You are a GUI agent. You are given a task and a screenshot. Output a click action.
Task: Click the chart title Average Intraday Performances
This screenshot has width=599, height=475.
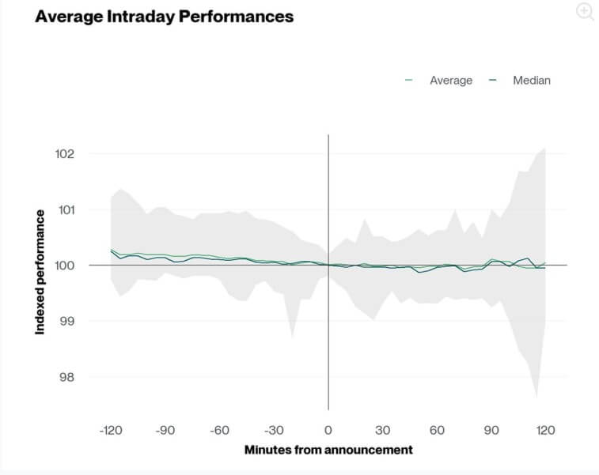(164, 17)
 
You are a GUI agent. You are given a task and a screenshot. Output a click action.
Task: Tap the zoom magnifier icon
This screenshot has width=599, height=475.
(585, 12)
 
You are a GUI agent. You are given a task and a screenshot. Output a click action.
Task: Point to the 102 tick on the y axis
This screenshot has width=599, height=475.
(64, 153)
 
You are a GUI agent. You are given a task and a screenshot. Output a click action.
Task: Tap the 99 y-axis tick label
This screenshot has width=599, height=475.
(67, 321)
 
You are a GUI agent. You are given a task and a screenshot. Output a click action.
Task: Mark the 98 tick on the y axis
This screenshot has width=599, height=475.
(67, 377)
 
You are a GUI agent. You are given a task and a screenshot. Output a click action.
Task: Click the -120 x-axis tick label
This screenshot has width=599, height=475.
(110, 430)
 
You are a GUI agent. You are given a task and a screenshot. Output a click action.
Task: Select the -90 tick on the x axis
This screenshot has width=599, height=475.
(165, 430)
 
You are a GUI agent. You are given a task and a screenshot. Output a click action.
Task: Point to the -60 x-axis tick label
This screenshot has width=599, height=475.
(219, 430)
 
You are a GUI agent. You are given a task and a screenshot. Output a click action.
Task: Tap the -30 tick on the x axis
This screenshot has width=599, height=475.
(274, 430)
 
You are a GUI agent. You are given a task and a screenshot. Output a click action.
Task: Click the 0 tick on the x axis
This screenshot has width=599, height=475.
(328, 430)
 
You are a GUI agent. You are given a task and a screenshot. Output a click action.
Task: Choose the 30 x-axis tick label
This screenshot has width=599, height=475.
(382, 430)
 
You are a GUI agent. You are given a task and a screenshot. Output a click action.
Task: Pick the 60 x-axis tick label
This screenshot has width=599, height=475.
(437, 430)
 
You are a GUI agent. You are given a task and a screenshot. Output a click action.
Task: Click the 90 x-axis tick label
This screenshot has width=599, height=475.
(491, 430)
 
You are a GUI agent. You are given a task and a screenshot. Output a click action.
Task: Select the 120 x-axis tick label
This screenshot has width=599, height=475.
(546, 430)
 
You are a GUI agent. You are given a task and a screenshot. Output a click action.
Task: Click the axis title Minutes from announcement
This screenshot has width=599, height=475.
(328, 450)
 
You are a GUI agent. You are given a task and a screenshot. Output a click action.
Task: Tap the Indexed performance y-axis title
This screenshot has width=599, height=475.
(40, 271)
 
